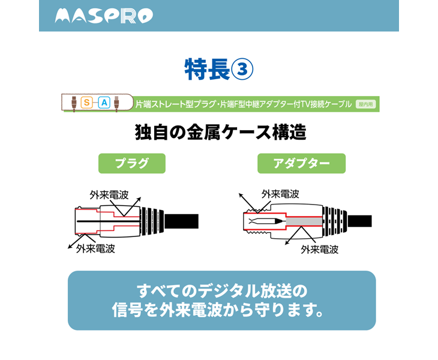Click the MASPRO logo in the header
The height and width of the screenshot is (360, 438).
click(x=104, y=16)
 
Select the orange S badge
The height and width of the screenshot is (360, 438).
click(x=86, y=103)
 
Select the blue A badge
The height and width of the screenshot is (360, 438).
click(x=104, y=103)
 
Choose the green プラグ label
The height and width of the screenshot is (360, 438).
click(x=131, y=163)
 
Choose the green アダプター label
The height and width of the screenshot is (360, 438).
click(x=301, y=163)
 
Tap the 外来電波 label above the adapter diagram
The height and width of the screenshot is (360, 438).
click(x=280, y=194)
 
